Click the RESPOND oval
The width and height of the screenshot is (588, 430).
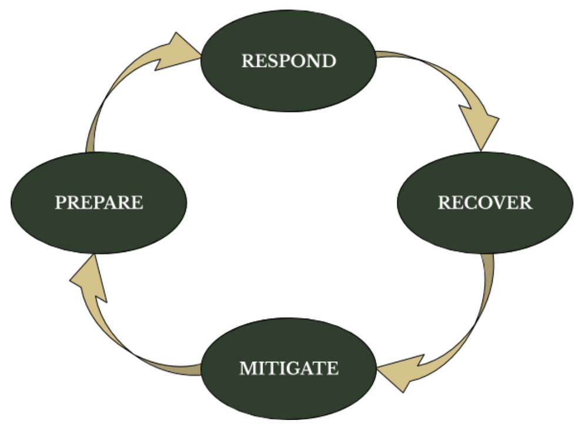pyautogui.click(x=288, y=82)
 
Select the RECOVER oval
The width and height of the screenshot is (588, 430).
pyautogui.click(x=485, y=226)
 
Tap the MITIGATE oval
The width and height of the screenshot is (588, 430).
pyautogui.click(x=288, y=391)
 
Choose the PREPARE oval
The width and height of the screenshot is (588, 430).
pyautogui.click(x=99, y=226)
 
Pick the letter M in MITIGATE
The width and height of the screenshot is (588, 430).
pyautogui.click(x=248, y=369)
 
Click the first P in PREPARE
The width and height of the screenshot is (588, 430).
pyautogui.click(x=61, y=203)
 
